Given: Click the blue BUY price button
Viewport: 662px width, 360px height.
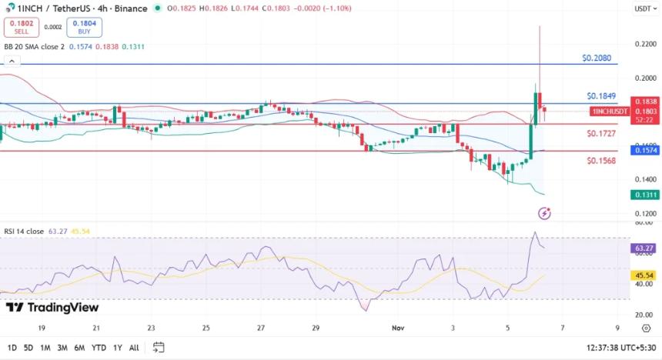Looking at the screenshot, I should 84,27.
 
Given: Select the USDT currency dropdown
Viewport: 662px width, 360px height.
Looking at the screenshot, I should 643,9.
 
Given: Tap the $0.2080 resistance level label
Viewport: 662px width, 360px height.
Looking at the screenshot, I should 597,58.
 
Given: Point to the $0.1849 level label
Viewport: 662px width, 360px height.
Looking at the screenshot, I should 601,96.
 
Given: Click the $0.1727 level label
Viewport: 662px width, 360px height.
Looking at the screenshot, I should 601,134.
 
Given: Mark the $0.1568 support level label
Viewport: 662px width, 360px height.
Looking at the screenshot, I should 601,161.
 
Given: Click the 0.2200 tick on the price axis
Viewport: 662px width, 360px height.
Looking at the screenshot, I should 645,44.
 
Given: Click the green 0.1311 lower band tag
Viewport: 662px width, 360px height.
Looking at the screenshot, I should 644,195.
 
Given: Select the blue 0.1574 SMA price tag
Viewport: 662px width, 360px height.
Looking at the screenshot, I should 644,151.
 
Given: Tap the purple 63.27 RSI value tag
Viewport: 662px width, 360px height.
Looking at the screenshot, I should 644,248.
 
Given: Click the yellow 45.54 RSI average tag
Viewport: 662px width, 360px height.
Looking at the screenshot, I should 644,275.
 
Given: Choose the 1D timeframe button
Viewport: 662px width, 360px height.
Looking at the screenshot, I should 12,348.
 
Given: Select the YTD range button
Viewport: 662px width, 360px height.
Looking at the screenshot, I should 99,348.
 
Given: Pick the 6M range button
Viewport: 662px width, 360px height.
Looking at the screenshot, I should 79,348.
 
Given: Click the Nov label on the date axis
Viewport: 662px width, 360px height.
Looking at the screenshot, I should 396,327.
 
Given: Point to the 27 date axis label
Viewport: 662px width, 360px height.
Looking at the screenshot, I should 261,327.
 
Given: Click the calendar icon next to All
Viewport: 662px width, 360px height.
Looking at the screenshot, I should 159,347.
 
